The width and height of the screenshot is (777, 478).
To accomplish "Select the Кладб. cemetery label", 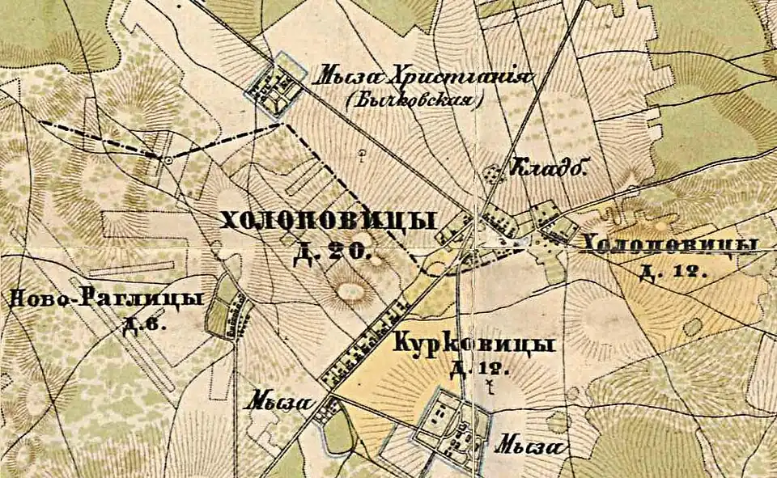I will pos(547,167).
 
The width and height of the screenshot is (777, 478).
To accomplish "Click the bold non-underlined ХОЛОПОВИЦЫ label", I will pos(328,220).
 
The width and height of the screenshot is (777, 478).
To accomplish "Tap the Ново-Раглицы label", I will pos(105,299).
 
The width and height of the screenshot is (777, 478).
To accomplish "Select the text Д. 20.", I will pos(332,252).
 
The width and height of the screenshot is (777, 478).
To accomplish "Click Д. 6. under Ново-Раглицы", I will pos(143,326).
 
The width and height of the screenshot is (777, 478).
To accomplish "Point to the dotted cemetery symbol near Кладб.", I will pos(491,172).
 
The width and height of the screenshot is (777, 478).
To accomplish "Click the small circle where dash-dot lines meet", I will pos(168,160).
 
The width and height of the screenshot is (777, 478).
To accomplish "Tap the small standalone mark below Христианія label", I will pos(362,151).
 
